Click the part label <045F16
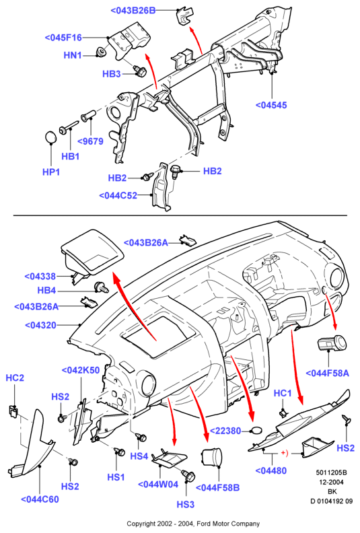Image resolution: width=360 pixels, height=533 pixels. (63, 38)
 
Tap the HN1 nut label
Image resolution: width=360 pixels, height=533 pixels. (73, 55)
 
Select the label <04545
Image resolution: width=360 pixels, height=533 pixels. (271, 105)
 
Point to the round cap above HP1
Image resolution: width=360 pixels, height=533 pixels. (51, 137)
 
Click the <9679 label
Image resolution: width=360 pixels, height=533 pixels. (90, 141)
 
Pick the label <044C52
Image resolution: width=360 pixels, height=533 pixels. (118, 196)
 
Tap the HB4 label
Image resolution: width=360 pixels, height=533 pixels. (46, 291)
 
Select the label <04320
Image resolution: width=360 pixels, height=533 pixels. (41, 325)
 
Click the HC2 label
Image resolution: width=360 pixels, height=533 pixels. (15, 378)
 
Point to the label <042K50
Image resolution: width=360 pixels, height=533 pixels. (81, 370)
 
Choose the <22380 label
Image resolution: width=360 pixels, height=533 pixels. (225, 431)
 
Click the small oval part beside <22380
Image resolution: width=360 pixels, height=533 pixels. (257, 431)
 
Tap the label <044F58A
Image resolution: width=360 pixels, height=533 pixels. (328, 374)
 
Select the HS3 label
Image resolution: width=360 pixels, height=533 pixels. (186, 505)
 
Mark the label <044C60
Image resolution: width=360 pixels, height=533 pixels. (40, 499)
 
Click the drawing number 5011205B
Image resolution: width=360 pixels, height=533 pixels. (331, 472)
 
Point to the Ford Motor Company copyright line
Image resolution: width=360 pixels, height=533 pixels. (193, 524)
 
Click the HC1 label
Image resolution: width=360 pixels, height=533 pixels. (283, 393)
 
